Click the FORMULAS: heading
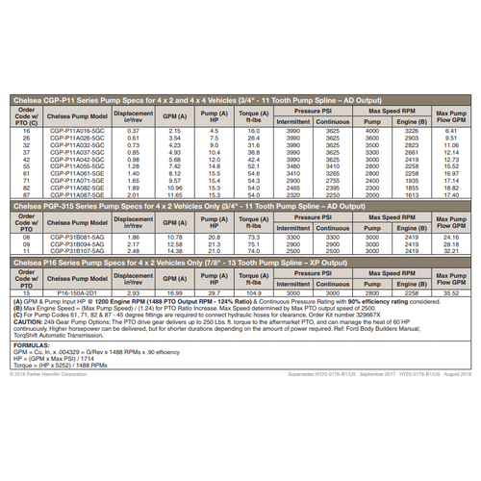click(x=35, y=342)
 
